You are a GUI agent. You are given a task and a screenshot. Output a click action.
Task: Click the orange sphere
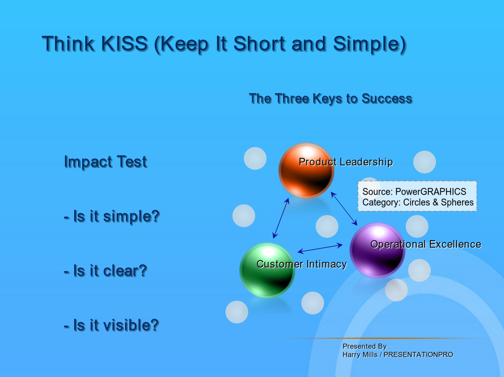(x=306, y=170)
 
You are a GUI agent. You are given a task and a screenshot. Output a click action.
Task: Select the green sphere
(x=267, y=270)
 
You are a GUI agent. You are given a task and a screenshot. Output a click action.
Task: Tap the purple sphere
(x=377, y=250)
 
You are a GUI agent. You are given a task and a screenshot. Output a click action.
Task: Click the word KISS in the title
(x=125, y=43)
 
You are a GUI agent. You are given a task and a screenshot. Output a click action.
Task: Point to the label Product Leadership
(x=346, y=162)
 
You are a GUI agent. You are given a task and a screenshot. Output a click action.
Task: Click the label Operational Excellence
(x=426, y=244)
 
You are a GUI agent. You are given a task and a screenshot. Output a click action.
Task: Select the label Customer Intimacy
(x=302, y=264)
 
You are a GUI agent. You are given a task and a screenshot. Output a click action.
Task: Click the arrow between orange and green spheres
(x=281, y=218)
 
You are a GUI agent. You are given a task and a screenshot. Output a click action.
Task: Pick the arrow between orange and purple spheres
(x=344, y=208)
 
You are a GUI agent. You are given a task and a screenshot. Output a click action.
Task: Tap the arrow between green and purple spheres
(x=320, y=248)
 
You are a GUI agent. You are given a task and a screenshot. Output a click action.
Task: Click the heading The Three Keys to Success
(x=331, y=99)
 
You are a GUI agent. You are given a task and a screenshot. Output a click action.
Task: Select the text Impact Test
(x=106, y=162)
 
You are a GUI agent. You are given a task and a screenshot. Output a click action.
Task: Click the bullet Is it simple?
(x=112, y=216)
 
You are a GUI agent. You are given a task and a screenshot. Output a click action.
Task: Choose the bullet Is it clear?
(x=105, y=271)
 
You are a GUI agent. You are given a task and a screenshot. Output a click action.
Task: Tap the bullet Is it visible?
(x=111, y=325)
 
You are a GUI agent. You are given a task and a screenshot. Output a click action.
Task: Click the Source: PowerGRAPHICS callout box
(x=417, y=197)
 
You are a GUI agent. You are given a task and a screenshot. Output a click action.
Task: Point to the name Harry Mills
(x=360, y=355)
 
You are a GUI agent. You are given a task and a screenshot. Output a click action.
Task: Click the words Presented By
(x=364, y=346)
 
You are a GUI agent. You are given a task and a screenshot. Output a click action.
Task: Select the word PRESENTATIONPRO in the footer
(x=419, y=355)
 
